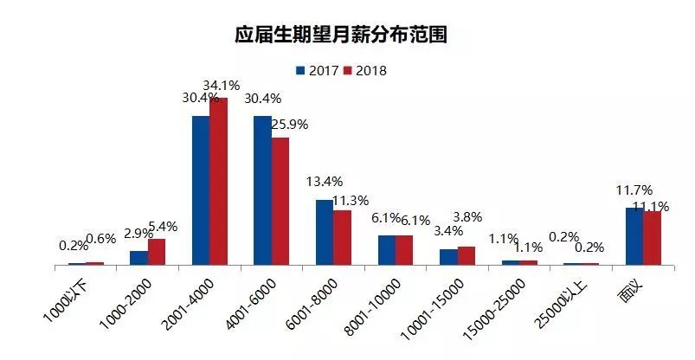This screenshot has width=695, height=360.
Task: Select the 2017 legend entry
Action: pyautogui.click(x=316, y=70)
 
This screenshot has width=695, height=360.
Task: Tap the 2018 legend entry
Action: pyautogui.click(x=364, y=70)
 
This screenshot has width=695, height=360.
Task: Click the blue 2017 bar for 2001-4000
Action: pyautogui.click(x=201, y=190)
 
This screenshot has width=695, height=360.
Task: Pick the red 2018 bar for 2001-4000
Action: pyautogui.click(x=218, y=181)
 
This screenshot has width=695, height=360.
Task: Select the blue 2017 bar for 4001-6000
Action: pyautogui.click(x=262, y=190)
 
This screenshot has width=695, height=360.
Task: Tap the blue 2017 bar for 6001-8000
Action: pyautogui.click(x=324, y=232)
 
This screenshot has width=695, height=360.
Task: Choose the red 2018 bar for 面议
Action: pyautogui.click(x=652, y=237)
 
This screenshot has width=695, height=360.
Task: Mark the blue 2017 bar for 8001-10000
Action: pyautogui.click(x=386, y=249)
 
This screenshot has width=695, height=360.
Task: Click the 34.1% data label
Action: pyautogui.click(x=222, y=86)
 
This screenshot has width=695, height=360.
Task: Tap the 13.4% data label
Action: pyautogui.click(x=325, y=182)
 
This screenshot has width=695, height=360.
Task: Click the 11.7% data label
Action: pyautogui.click(x=633, y=190)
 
